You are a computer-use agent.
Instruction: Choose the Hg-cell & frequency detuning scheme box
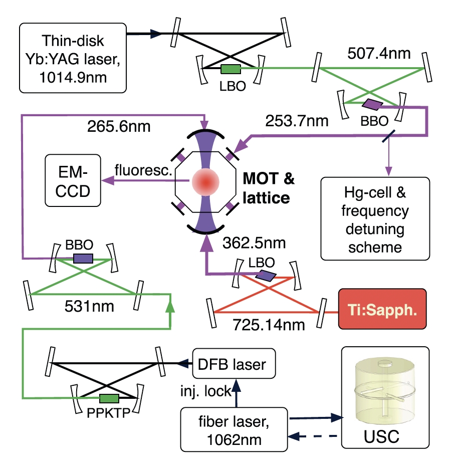click(x=375, y=218)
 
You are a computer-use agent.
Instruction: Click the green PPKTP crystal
click(x=109, y=398)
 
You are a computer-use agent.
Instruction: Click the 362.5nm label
click(x=256, y=244)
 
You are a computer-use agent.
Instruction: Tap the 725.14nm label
click(x=270, y=324)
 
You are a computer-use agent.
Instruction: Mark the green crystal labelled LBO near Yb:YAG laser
click(x=231, y=68)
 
